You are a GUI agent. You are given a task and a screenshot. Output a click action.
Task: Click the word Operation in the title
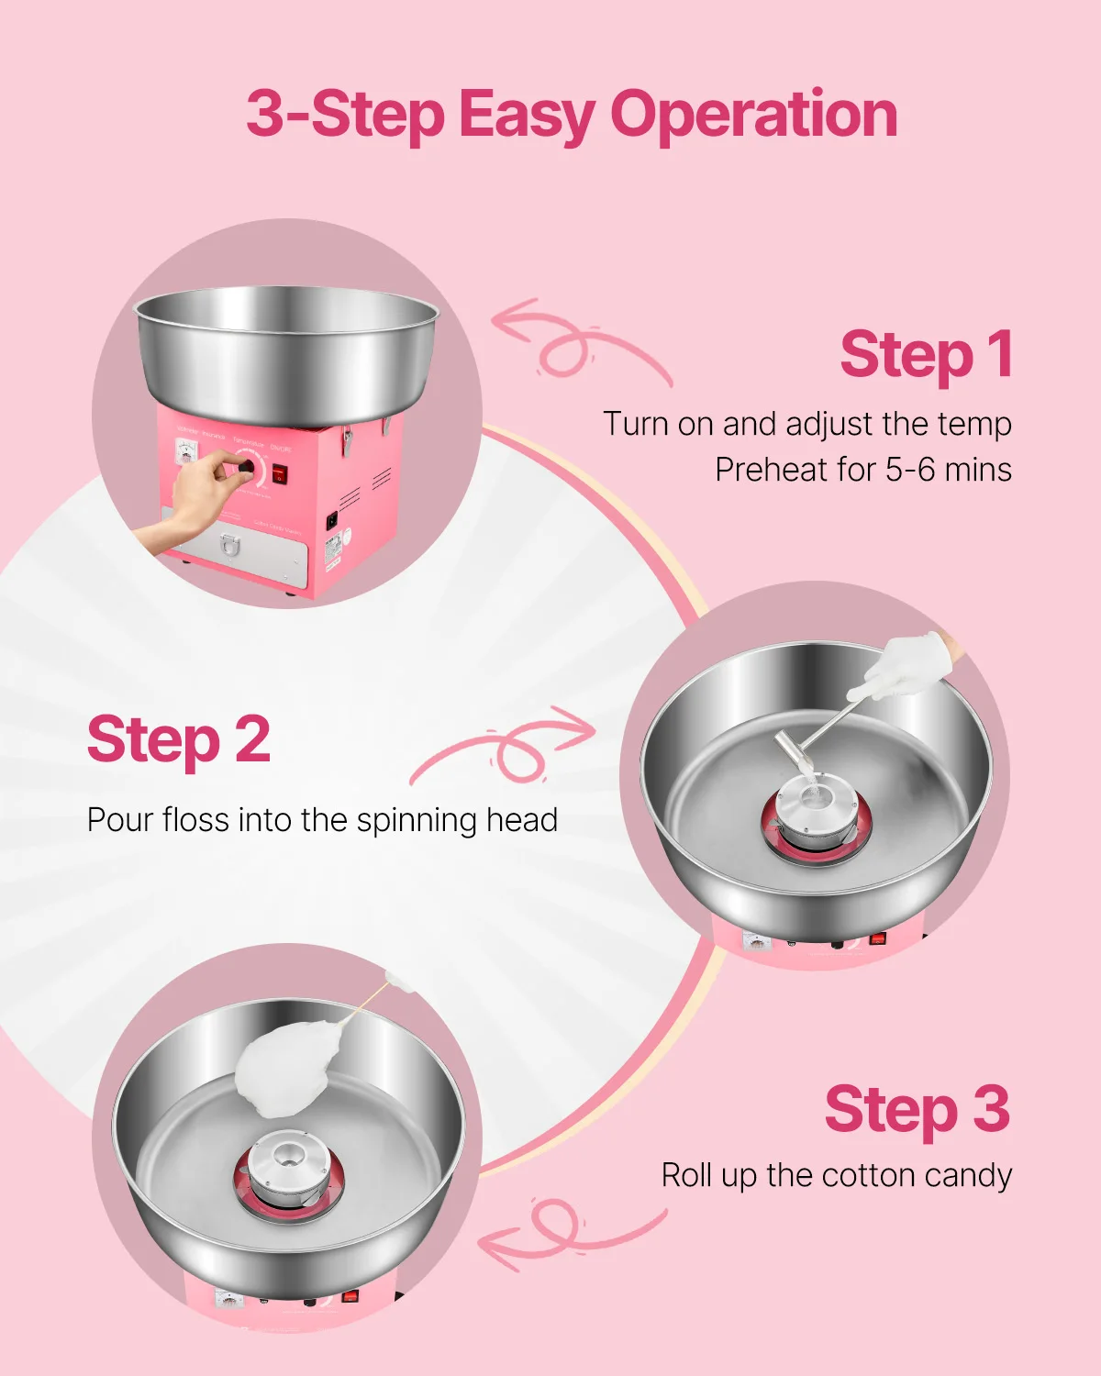(753, 117)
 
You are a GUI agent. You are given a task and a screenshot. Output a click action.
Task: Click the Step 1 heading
(926, 355)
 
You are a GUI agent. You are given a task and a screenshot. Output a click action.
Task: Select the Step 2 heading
(179, 740)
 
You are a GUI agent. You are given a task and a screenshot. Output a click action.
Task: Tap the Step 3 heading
(917, 1110)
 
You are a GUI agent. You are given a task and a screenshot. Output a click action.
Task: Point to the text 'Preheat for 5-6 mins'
(862, 470)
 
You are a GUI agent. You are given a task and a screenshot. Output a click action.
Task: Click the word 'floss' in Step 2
(196, 819)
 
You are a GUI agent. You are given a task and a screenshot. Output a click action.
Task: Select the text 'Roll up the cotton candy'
(836, 1175)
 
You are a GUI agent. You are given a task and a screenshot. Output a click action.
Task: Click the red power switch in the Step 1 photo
(279, 474)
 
